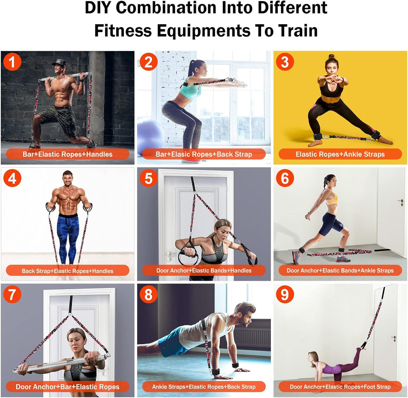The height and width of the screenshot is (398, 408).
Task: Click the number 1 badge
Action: tap(12, 62)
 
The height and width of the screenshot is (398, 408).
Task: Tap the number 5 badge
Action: tap(148, 178)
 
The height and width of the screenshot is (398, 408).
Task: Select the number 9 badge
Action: tap(285, 295)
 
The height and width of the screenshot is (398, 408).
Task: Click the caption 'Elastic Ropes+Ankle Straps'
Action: tap(340, 154)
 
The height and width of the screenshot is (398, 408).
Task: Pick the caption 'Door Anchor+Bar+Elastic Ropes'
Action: tap(68, 387)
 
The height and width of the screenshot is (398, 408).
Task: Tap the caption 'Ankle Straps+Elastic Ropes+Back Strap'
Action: tap(204, 387)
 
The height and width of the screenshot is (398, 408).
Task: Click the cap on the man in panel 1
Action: tap(59, 62)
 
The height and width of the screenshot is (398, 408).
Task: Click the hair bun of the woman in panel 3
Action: tap(331, 56)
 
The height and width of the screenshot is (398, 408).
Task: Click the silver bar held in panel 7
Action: tap(60, 362)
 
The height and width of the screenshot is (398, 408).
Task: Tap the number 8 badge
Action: tap(148, 295)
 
